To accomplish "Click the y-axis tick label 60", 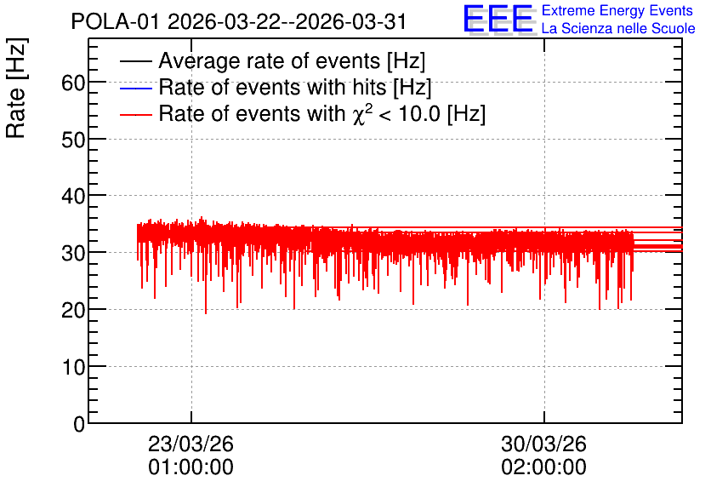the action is point(73,83).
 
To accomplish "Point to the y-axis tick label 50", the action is point(73,140).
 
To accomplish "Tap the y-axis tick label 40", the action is point(73,197).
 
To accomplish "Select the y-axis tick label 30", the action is point(73,253).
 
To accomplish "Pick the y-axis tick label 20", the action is point(73,311).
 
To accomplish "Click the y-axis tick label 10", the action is point(73,367).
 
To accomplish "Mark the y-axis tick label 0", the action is point(79,424).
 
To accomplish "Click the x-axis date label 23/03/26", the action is point(191,444).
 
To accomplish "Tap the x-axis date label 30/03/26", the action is point(543,444).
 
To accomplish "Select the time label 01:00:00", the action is point(191,467).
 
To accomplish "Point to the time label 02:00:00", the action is point(543,467).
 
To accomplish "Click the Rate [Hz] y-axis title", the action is point(17,88).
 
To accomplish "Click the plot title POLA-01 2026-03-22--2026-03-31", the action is point(239,21).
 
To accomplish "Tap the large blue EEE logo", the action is point(498,19).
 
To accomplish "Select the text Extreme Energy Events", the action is point(617,10).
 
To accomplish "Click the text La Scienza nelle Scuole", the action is point(618,29).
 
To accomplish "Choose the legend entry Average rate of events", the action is point(292,60).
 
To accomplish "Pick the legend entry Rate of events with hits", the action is point(295,87).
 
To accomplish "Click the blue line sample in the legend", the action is point(135,88).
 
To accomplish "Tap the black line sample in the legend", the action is point(135,61).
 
